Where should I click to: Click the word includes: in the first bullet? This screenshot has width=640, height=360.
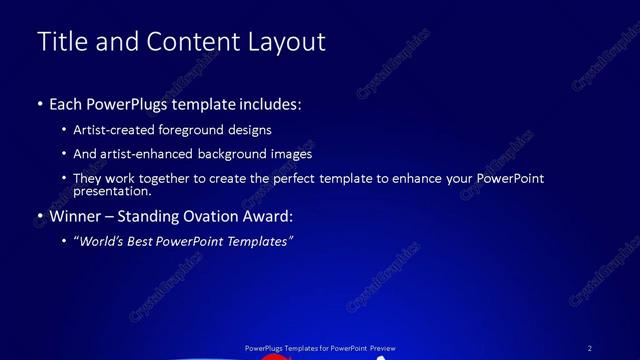267,104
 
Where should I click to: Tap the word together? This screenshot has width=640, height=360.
182,178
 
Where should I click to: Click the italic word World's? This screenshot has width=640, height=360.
101,241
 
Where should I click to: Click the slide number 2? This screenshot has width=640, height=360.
590,348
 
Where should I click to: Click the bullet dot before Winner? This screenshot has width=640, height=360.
40,216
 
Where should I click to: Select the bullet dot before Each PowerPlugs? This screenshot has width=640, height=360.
40,104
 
